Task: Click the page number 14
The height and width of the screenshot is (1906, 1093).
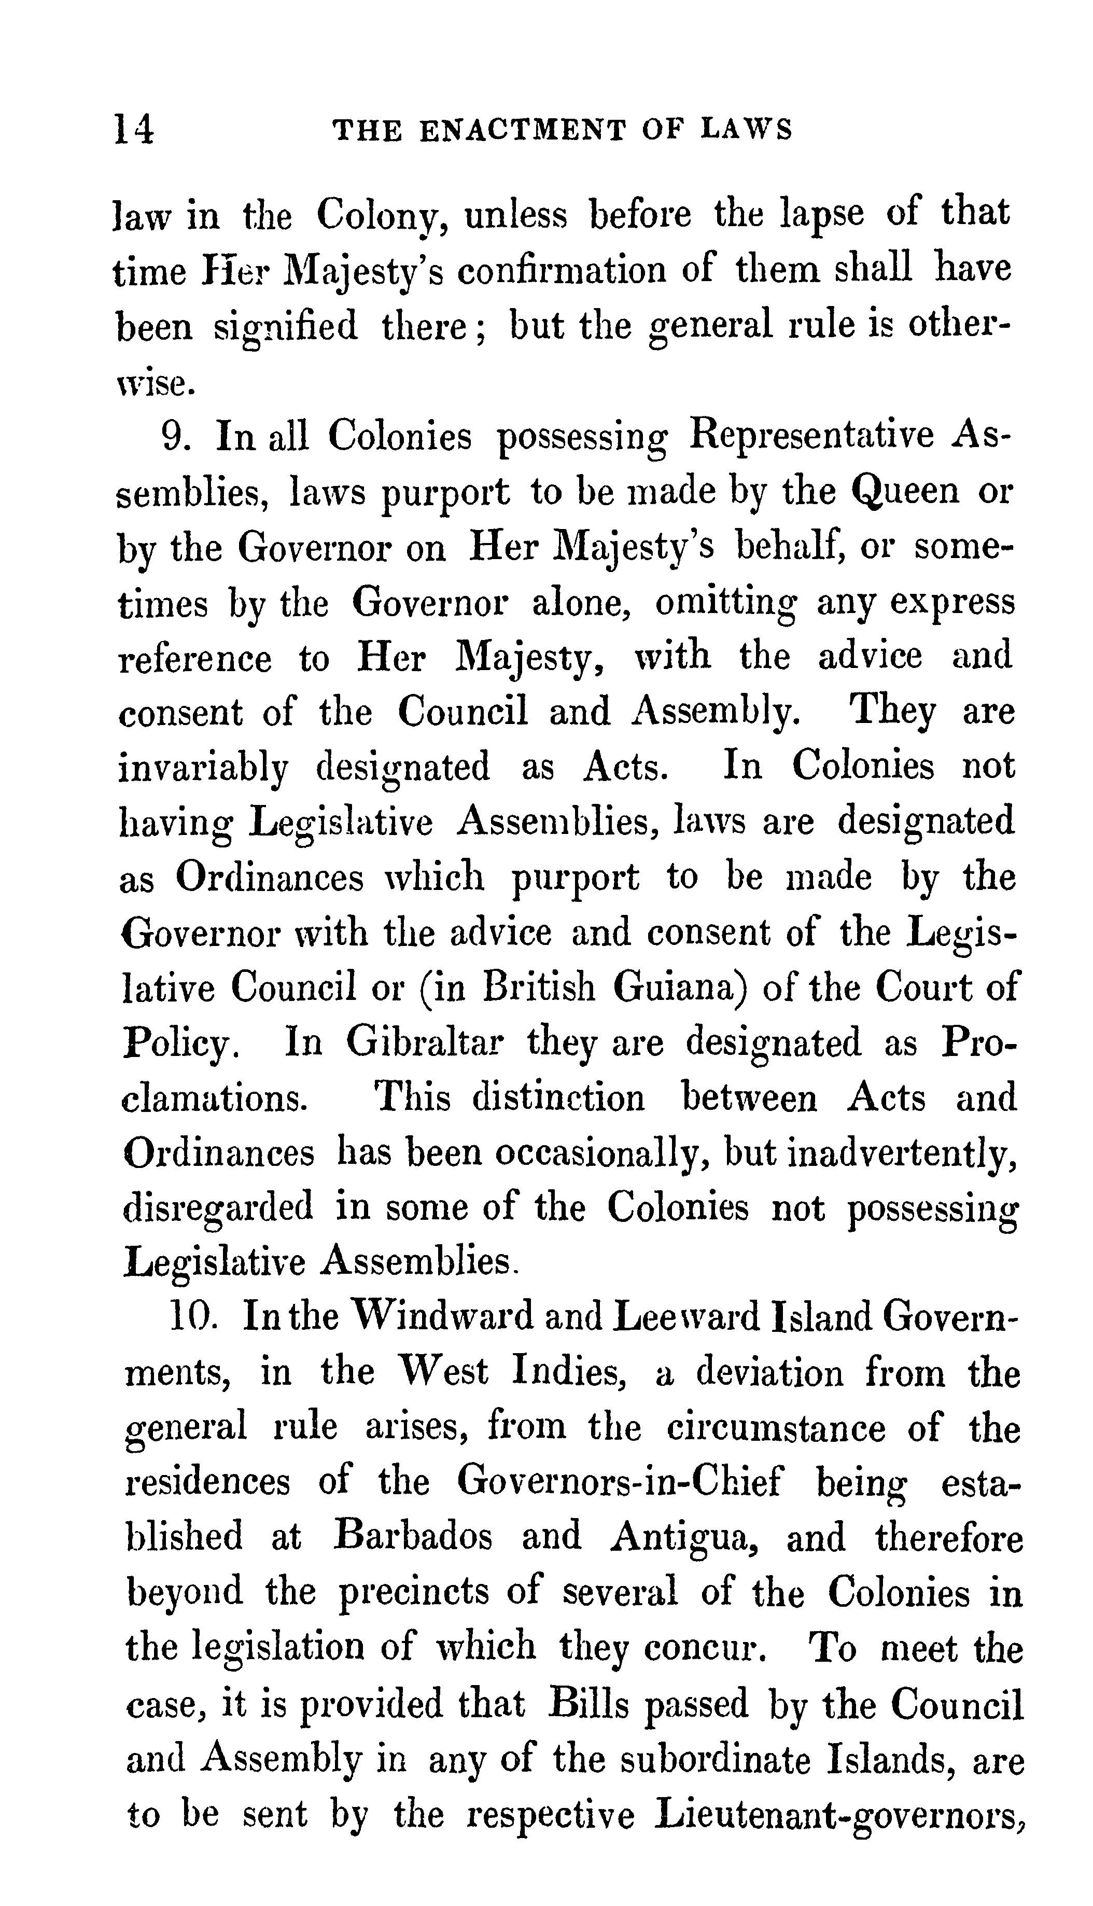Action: (134, 129)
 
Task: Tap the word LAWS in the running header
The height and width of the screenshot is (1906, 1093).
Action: (746, 131)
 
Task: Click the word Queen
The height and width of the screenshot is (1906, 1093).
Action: (906, 492)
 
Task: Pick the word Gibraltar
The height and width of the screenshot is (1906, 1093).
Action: (424, 1042)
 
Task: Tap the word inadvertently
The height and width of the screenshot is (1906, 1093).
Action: (902, 1153)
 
